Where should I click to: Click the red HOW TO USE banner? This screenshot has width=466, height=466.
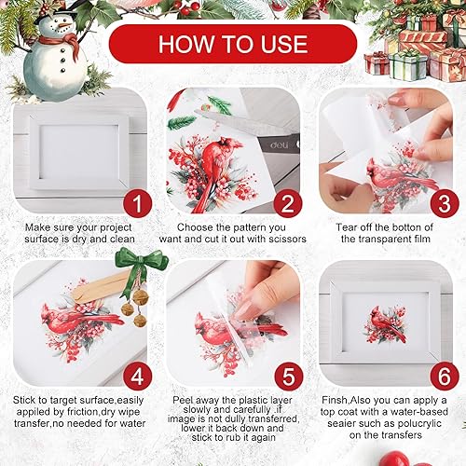click(232, 44)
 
